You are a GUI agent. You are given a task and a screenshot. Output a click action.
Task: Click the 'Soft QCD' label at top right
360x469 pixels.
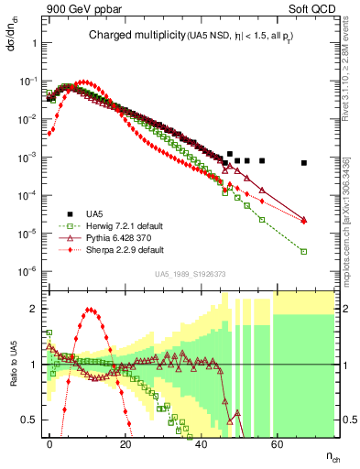pyautogui.click(x=312, y=10)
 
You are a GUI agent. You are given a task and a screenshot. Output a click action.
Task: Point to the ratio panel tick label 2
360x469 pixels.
pyautogui.click(x=32, y=309)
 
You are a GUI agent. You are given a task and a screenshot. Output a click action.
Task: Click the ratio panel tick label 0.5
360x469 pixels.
pyautogui.click(x=28, y=420)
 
